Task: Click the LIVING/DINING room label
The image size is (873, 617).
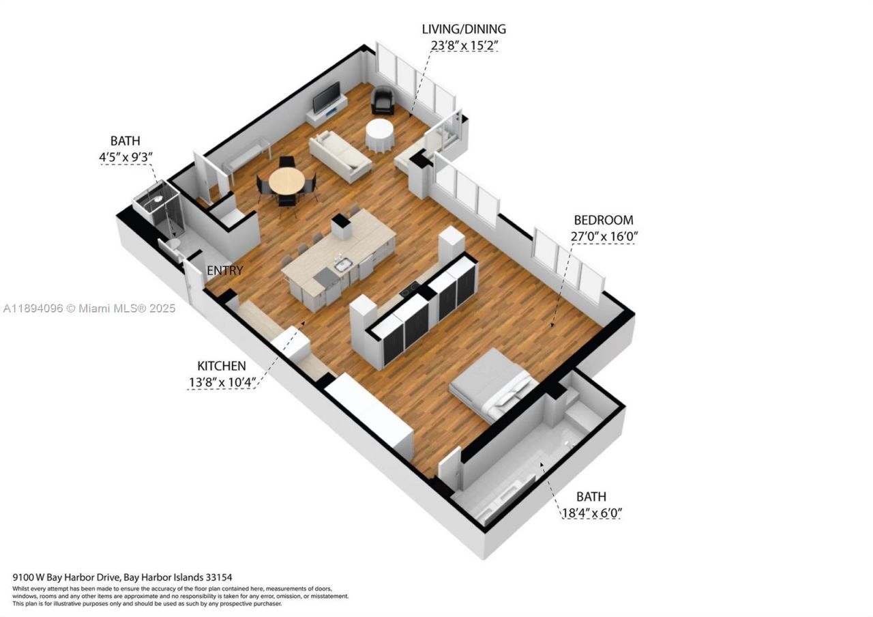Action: [464, 29]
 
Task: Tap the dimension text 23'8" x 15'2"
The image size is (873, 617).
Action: [464, 46]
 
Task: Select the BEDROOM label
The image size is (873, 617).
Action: [603, 220]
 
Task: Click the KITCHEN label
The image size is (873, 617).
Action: [222, 366]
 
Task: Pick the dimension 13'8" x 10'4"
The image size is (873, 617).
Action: [222, 382]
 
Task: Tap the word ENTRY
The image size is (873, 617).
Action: [224, 271]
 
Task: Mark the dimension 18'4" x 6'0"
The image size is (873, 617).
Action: [591, 513]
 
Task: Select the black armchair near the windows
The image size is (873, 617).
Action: [383, 101]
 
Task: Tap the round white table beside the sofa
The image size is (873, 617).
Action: [379, 135]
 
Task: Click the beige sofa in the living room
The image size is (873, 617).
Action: [340, 155]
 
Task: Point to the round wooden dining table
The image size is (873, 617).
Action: [286, 182]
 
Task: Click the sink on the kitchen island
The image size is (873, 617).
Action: [343, 263]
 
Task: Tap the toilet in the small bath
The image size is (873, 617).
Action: [172, 244]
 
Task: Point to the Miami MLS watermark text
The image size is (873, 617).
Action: [89, 308]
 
